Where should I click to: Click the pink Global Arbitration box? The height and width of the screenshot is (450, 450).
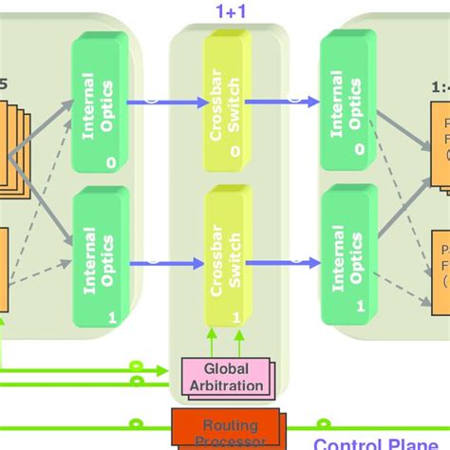pyautogui.click(x=226, y=379)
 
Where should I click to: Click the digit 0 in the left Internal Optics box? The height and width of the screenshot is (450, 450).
pyautogui.click(x=111, y=163)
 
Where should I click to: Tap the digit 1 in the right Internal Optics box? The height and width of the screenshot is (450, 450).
pyautogui.click(x=358, y=307)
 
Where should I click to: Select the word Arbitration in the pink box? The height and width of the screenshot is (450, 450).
pyautogui.click(x=225, y=386)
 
